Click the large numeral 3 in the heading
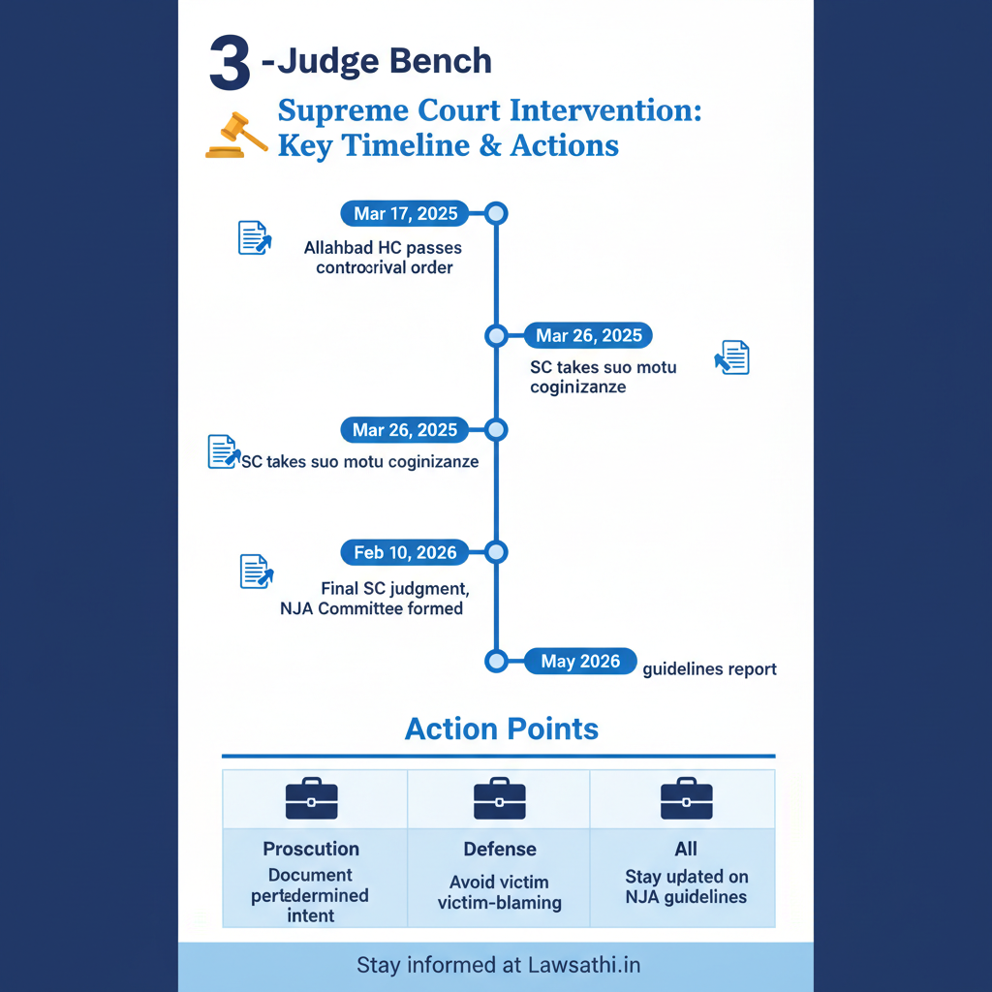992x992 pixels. (229, 67)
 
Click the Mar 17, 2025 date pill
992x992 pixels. (404, 213)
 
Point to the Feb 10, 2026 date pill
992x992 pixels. (405, 552)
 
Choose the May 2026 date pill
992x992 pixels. (580, 662)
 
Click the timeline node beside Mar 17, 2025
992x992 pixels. (496, 213)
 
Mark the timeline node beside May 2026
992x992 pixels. (496, 662)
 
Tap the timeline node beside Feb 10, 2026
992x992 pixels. (496, 552)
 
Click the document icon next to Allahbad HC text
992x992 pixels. (255, 237)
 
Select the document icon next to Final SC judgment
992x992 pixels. (256, 572)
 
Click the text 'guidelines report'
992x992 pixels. (709, 668)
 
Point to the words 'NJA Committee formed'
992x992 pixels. (369, 608)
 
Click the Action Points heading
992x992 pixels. (501, 728)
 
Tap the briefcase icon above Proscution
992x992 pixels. (312, 799)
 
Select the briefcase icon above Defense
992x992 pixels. (499, 799)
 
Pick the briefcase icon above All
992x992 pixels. (686, 799)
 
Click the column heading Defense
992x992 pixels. (499, 849)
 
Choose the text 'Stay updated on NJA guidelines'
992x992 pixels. (686, 886)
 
